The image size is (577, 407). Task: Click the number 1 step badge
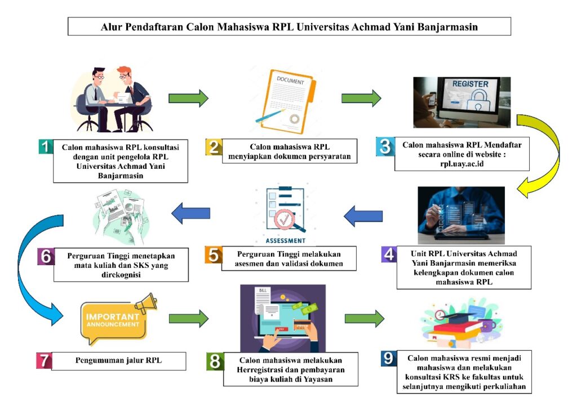[x=46, y=146]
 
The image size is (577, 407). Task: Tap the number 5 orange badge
[x=214, y=255]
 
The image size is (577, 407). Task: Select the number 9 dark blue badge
[x=389, y=359]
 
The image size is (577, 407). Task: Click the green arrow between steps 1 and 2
[x=188, y=98]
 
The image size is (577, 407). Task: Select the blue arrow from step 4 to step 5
[x=363, y=216]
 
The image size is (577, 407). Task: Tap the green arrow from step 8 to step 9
[x=365, y=319]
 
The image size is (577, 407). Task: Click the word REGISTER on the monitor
[x=471, y=84]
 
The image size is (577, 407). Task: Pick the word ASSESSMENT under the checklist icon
[x=286, y=241]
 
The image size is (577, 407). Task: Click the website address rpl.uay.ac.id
[x=462, y=164]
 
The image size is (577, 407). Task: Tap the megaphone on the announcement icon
[x=147, y=302]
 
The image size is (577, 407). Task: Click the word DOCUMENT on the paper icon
[x=290, y=80]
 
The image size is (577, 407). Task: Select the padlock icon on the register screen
[x=478, y=100]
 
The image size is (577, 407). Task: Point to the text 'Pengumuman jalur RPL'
[x=118, y=360]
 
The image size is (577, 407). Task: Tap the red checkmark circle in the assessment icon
[x=285, y=220]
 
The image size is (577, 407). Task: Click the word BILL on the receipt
[x=263, y=290]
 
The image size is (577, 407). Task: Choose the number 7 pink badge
[x=44, y=361]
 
